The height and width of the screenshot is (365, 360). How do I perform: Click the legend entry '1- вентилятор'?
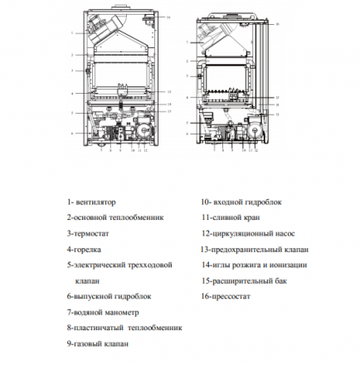tap(91, 202)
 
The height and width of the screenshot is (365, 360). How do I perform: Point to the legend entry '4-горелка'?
tap(84, 248)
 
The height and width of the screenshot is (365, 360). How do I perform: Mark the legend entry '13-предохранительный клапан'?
tap(254, 248)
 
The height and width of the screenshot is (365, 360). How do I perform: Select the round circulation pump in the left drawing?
tap(141, 133)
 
